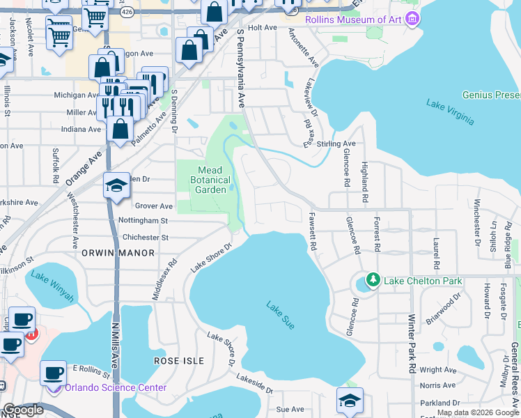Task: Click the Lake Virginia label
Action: pos(450,111)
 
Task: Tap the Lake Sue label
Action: pos(279,314)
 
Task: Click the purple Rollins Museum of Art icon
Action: pos(413,18)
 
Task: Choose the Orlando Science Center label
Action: pos(116,388)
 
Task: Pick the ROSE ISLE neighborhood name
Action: pos(179,361)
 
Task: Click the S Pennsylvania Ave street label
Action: pos(241,68)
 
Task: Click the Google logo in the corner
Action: pos(23,410)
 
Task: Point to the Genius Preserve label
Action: pos(491,95)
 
